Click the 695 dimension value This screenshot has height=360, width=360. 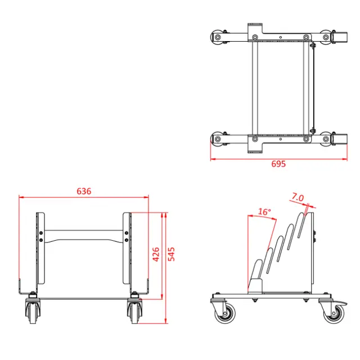coord(278,164)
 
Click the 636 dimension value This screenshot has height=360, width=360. coord(84,191)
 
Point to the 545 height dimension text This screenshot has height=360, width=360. coord(172,256)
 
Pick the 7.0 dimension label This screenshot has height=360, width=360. coord(298,197)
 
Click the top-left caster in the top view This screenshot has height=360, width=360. coord(217,37)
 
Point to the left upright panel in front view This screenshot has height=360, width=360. coord(40,247)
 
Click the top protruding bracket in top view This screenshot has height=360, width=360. coord(255,27)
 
